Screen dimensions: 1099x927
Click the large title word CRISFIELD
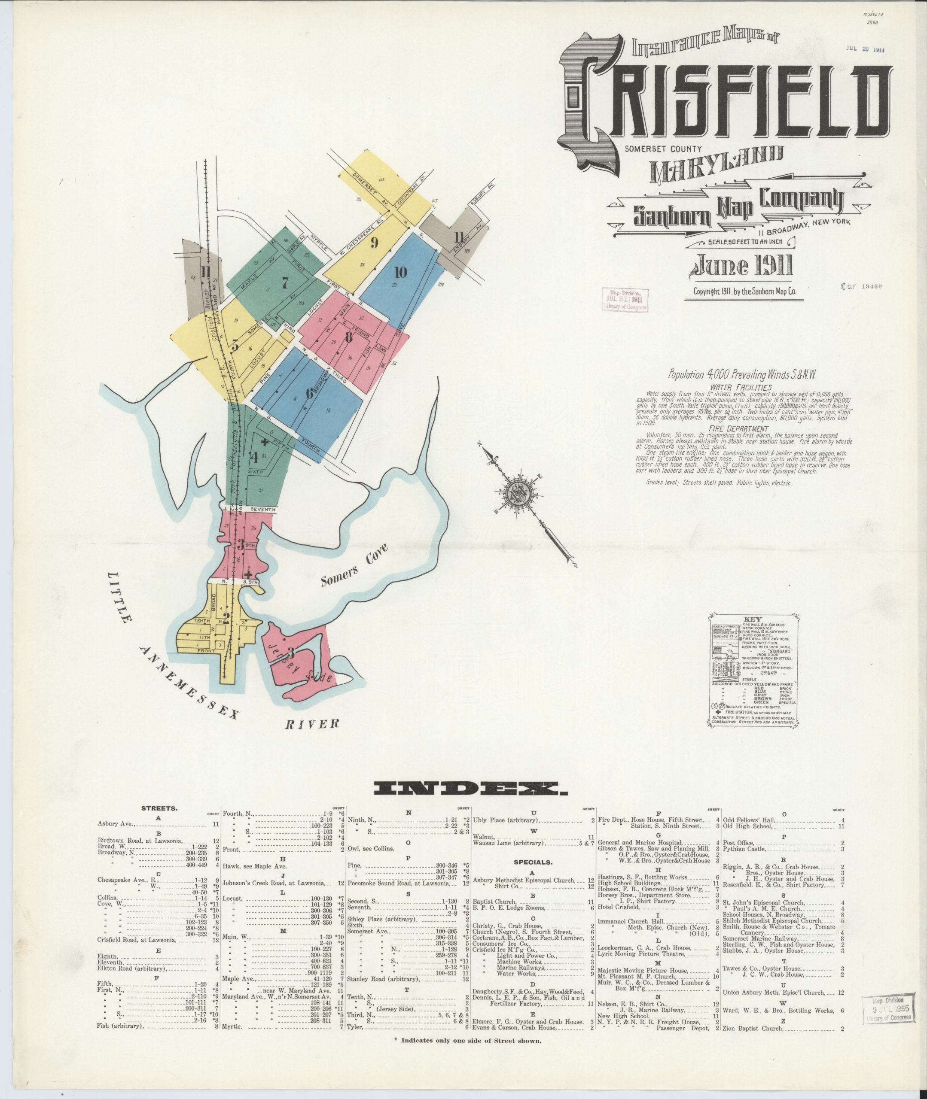click(x=728, y=103)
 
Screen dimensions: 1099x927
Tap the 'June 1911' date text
click(x=743, y=267)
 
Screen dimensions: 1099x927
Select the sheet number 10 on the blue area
click(x=400, y=272)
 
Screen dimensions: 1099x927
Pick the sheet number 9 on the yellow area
click(x=375, y=243)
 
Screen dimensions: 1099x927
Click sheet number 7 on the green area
click(x=285, y=283)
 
